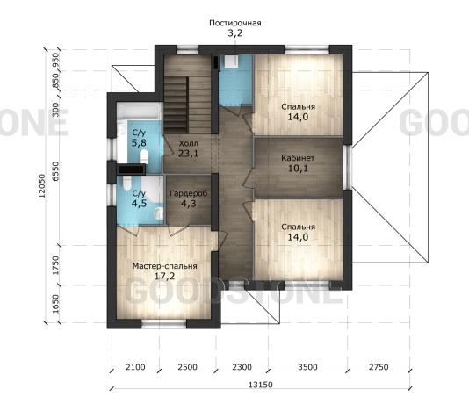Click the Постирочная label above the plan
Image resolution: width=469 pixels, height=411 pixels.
coord(235,23)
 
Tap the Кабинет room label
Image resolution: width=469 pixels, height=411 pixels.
coord(298,158)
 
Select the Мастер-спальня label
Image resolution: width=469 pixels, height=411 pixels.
coord(164,266)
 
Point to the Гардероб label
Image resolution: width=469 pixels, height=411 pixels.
coord(189,193)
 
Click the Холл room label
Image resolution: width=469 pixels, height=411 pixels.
coord(188,143)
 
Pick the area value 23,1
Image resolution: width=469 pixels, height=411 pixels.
coord(188,154)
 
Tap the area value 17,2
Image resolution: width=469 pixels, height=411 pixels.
coord(164,276)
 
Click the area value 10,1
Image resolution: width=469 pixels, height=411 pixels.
coord(298,168)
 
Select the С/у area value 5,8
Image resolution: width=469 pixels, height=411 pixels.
coord(139,142)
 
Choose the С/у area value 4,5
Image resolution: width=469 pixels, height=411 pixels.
coord(139,204)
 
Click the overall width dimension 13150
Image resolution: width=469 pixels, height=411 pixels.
coord(261,385)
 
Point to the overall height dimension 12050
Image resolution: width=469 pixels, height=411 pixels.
coord(42,186)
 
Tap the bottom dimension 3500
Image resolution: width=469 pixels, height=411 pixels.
coord(307,367)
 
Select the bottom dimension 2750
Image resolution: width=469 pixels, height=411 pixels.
coord(379,367)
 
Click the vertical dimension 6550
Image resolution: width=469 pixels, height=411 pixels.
coord(55,171)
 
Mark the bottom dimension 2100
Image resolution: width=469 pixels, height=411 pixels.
coord(135,367)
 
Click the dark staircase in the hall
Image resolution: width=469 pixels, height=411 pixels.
coord(177,105)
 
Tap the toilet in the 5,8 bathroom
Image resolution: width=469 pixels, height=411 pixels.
coord(144,156)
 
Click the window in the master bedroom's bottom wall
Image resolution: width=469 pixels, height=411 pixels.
coord(164,324)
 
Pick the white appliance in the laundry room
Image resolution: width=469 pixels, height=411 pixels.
coord(231,61)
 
